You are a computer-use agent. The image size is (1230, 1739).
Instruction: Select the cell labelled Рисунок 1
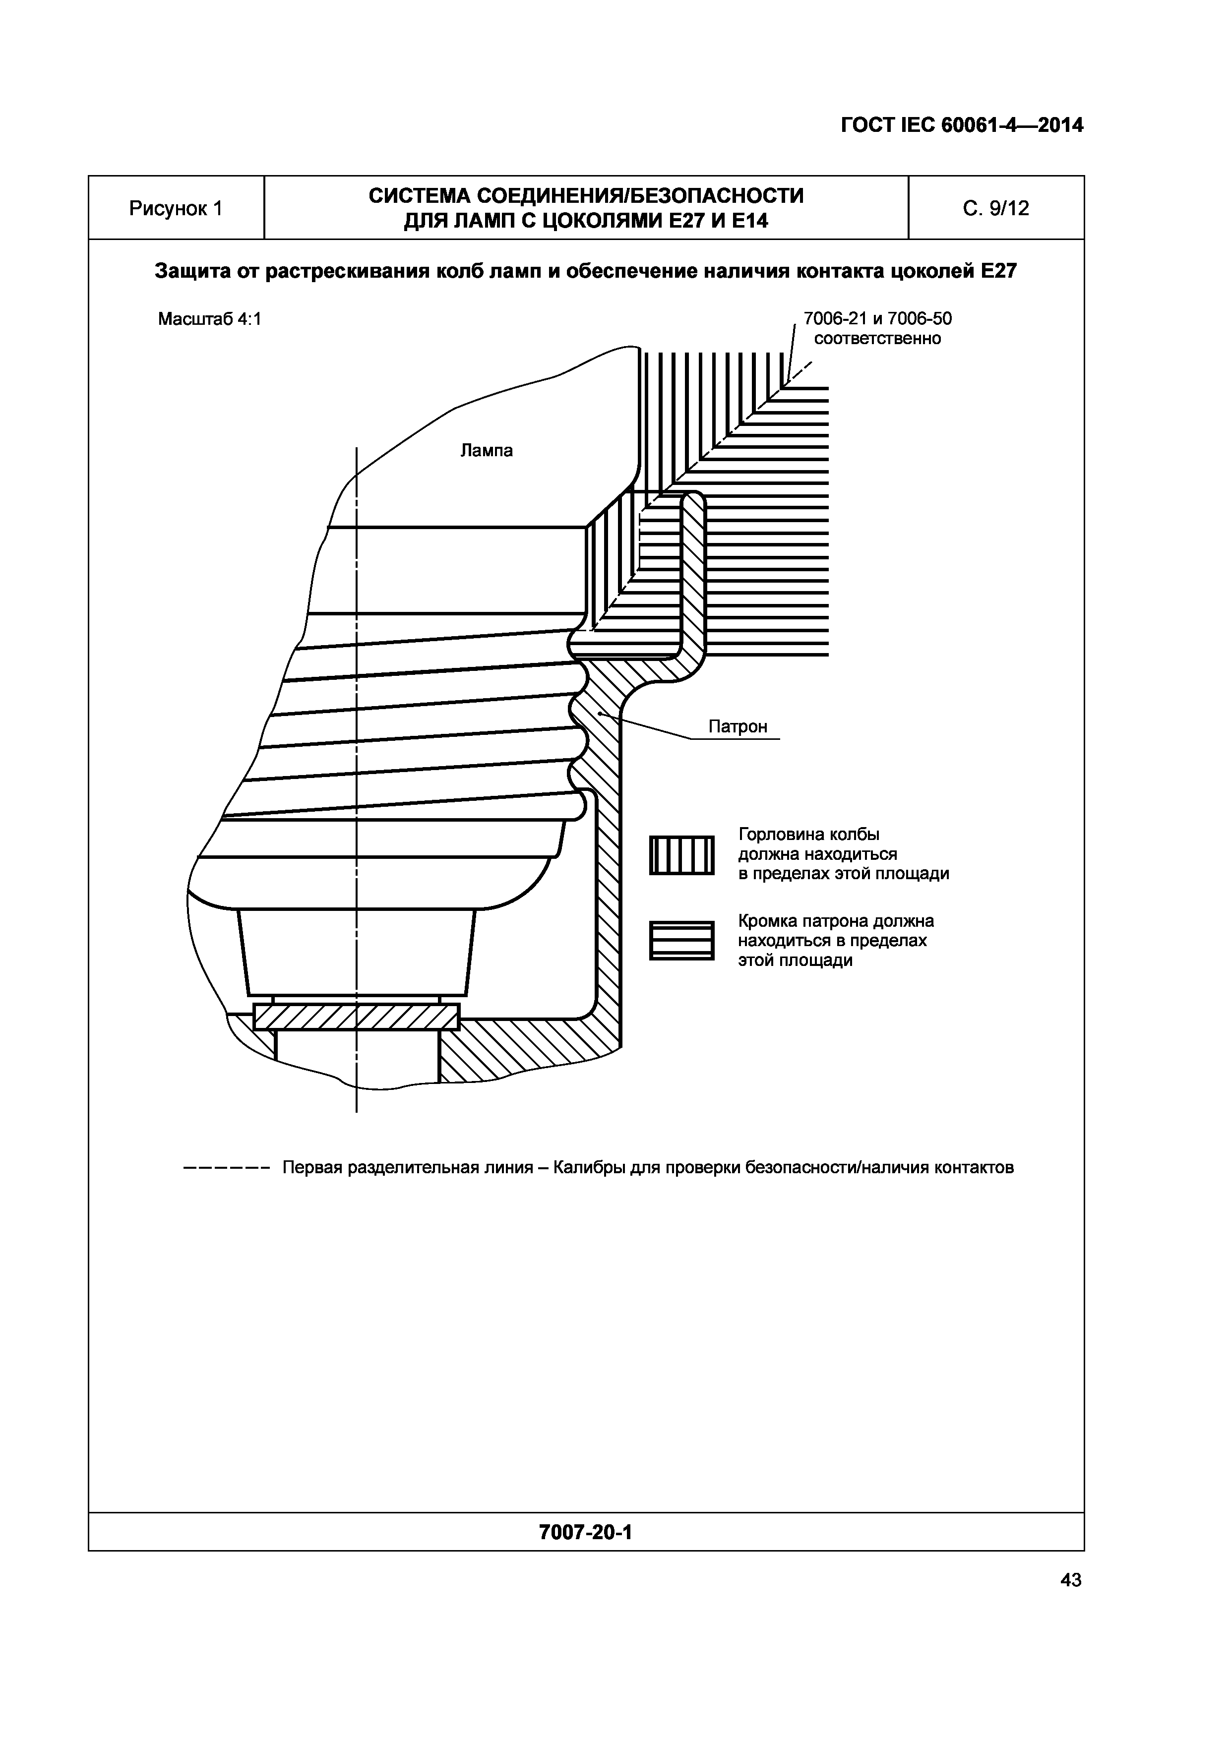[176, 208]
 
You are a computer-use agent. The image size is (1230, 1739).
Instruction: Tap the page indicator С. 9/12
[995, 208]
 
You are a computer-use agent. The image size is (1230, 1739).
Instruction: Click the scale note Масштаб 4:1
[209, 319]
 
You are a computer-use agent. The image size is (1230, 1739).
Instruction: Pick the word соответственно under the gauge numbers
[877, 339]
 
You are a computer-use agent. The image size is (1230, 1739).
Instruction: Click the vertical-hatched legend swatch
[681, 855]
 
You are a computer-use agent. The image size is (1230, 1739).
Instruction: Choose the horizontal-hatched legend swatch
[681, 941]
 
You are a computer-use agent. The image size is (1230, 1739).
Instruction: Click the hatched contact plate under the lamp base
[356, 1017]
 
